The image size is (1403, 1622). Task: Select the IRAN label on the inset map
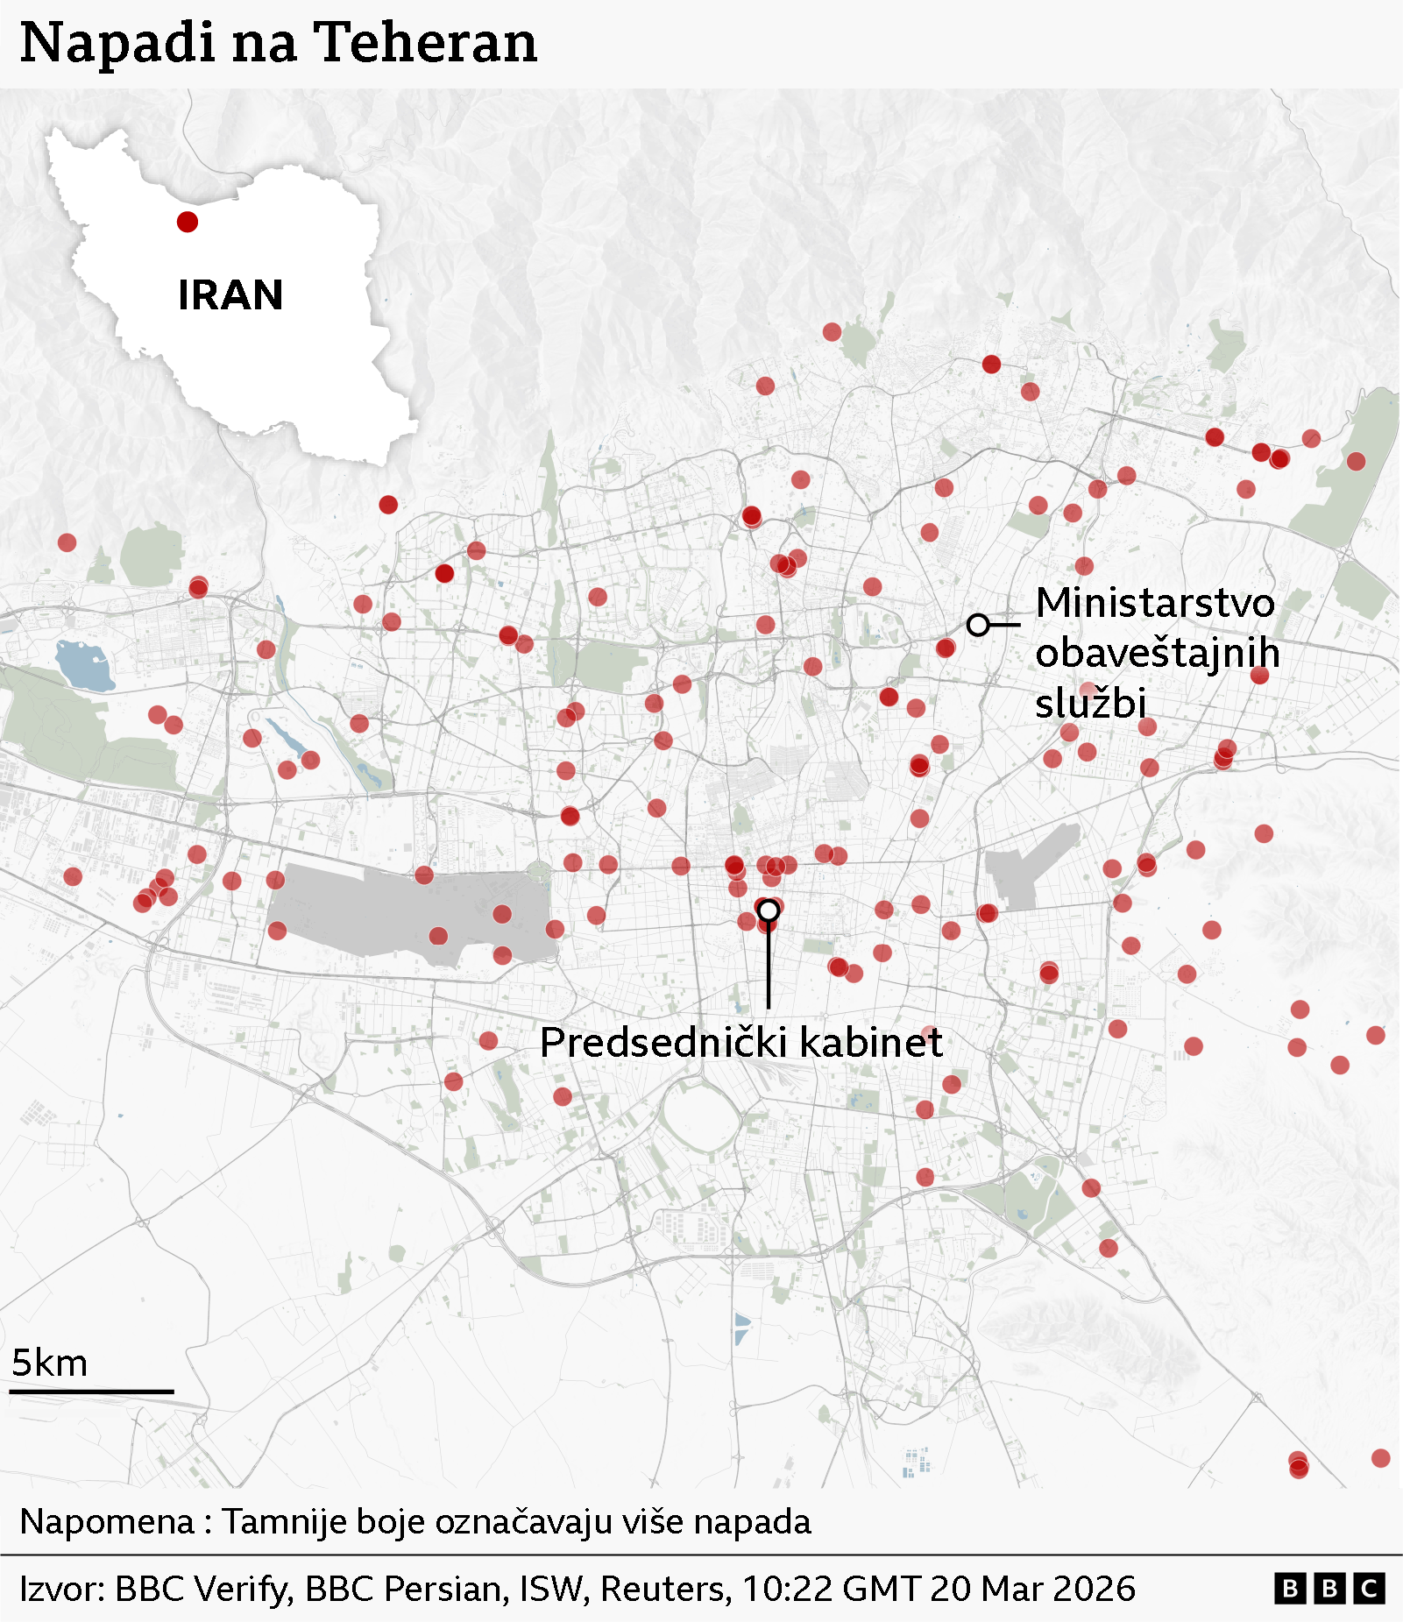(x=230, y=295)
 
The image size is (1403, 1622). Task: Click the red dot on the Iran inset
(x=187, y=222)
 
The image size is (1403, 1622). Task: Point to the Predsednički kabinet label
(x=740, y=1043)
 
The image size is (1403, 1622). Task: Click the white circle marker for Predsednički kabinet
(x=769, y=910)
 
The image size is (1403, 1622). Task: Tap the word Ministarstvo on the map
(x=1155, y=603)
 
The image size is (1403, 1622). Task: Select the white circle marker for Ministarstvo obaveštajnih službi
(x=978, y=625)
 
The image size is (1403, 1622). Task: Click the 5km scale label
(x=49, y=1363)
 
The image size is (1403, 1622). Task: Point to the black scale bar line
(x=92, y=1391)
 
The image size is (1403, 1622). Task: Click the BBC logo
(x=1329, y=1589)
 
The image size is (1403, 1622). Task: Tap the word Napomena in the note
(x=106, y=1522)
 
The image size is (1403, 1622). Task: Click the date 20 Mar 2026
(x=1033, y=1589)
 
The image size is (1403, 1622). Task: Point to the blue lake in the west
(x=83, y=664)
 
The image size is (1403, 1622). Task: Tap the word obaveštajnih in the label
(x=1157, y=653)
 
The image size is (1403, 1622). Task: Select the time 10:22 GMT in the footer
(x=832, y=1589)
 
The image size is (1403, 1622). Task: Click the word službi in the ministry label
(x=1090, y=703)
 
